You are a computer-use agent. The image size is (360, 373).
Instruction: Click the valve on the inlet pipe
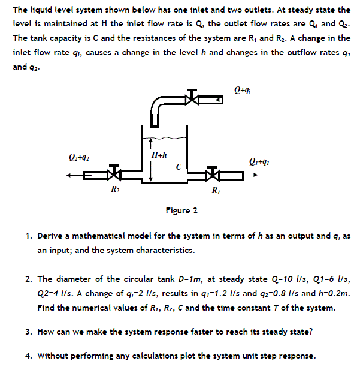click(x=191, y=97)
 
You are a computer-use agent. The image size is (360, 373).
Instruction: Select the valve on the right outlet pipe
click(x=211, y=175)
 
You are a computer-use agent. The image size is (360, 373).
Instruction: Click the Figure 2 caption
click(x=181, y=210)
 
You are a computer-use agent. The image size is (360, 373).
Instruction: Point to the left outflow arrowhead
click(x=70, y=175)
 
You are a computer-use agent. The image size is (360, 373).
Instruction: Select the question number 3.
click(x=28, y=332)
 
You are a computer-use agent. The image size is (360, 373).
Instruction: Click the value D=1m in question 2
click(x=178, y=279)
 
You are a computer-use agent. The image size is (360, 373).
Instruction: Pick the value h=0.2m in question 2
click(x=332, y=293)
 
